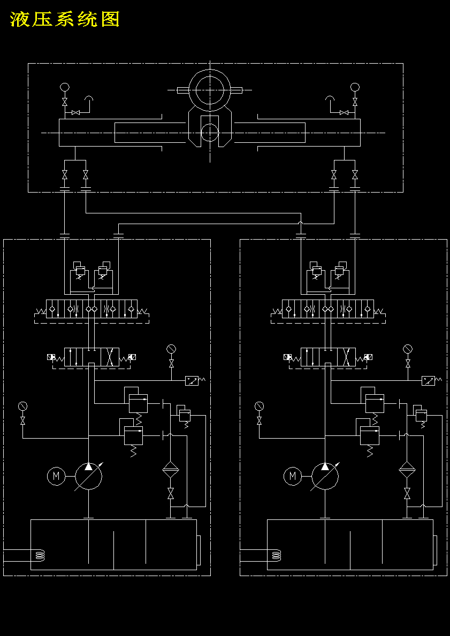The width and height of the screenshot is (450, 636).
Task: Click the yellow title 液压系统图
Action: click(x=65, y=19)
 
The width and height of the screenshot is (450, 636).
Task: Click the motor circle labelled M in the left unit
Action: click(x=56, y=476)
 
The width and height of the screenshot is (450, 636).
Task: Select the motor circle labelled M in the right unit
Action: click(x=293, y=476)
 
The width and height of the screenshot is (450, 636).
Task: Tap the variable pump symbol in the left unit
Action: click(x=88, y=476)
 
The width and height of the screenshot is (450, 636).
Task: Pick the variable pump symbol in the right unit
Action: click(x=325, y=476)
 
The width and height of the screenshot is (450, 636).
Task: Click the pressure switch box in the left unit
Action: click(x=192, y=380)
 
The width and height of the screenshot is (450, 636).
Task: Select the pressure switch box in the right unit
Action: click(x=428, y=380)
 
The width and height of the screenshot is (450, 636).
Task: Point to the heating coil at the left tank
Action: click(x=40, y=555)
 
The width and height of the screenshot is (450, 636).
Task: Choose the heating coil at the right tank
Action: click(x=276, y=555)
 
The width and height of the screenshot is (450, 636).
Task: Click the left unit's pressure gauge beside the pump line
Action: click(x=22, y=406)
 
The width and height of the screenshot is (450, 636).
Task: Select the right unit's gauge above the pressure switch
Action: click(x=407, y=349)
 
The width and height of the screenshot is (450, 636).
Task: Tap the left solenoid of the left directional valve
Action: click(x=51, y=357)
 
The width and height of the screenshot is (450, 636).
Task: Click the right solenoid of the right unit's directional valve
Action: click(x=369, y=357)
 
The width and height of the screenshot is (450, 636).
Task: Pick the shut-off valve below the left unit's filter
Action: click(x=171, y=493)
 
